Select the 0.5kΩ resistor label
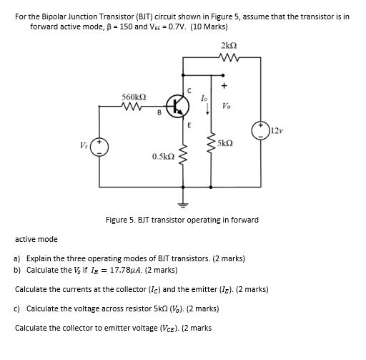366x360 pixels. point(163,155)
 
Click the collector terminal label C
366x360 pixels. point(189,90)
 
